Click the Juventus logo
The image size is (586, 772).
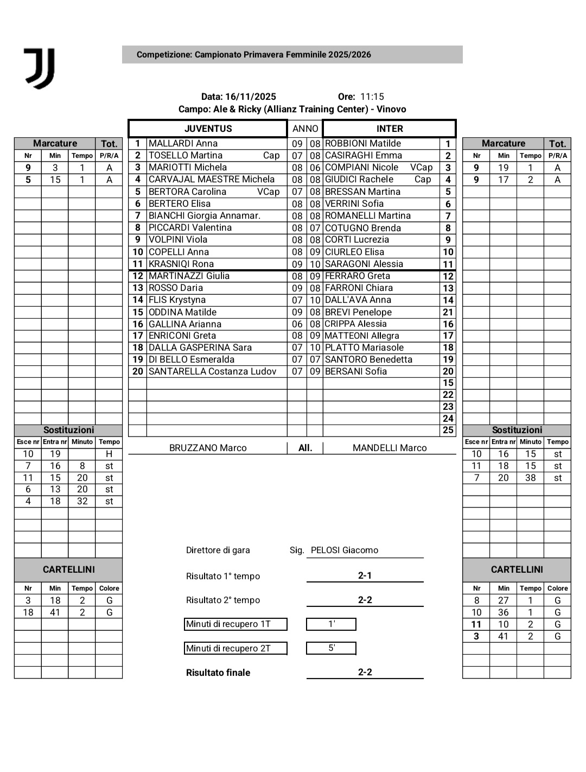[40, 68]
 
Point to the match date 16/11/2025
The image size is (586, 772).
[251, 97]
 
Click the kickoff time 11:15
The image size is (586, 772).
[372, 97]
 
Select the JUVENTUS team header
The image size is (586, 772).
[208, 129]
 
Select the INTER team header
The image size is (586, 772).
[390, 129]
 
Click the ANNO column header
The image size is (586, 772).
[305, 129]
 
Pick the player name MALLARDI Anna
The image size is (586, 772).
[183, 143]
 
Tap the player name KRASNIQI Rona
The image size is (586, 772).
[181, 264]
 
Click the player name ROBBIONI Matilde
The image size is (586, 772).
[363, 143]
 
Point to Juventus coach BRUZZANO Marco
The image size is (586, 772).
[208, 448]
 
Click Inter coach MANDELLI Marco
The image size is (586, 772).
[390, 448]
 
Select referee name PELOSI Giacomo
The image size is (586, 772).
[344, 550]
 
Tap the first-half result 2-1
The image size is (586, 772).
[365, 575]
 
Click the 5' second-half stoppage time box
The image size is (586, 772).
[331, 648]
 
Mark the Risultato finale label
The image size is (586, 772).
[218, 673]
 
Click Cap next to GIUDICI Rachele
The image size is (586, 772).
[423, 179]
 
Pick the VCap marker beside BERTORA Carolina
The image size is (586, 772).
[268, 192]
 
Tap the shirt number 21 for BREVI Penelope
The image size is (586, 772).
[448, 312]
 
